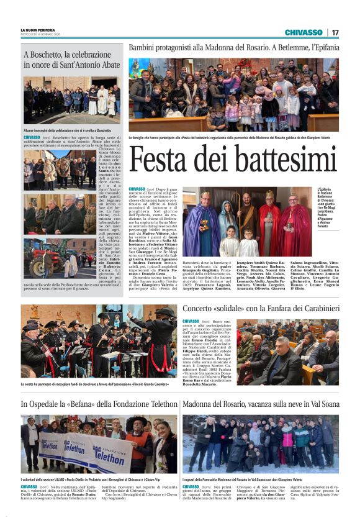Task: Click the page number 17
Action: pyautogui.click(x=335, y=32)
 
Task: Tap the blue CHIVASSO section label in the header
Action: pyautogui.click(x=304, y=32)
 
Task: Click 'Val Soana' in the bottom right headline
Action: pyautogui.click(x=321, y=404)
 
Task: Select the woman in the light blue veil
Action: pyautogui.click(x=228, y=217)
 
